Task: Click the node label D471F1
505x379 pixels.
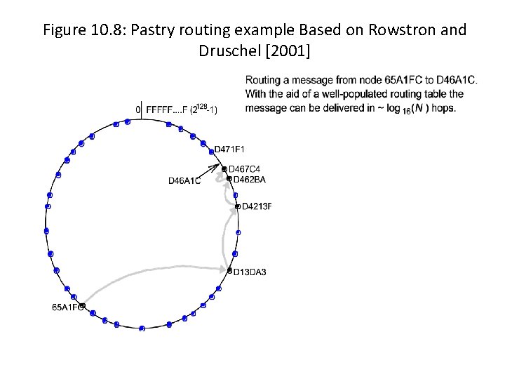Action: pos(230,149)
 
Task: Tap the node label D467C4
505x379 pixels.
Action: pos(245,168)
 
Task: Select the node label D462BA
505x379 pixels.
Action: pos(250,180)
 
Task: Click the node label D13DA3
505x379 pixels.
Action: pos(250,272)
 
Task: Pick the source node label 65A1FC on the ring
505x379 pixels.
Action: pos(67,307)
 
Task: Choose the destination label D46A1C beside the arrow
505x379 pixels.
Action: pos(184,181)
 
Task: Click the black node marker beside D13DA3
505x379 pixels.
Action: pos(229,270)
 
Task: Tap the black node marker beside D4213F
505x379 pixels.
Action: pos(238,206)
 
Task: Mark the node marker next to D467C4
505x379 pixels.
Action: pos(224,169)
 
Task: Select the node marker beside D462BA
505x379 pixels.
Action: pos(229,178)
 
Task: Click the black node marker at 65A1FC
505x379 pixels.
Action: pos(82,306)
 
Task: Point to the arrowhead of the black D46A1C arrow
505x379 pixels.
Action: pos(217,166)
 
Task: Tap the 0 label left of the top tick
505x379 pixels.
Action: pos(138,109)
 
